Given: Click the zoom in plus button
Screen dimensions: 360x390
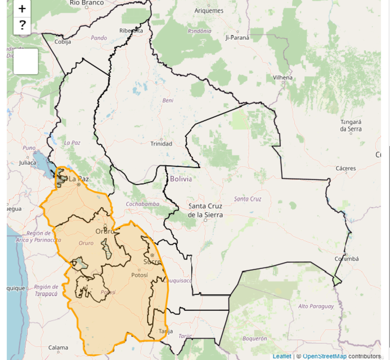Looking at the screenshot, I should coord(22,8).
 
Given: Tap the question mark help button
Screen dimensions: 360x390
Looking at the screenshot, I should coord(22,25).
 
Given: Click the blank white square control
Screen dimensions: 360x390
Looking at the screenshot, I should coord(25,61).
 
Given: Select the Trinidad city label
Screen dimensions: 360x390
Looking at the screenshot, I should coord(161,143).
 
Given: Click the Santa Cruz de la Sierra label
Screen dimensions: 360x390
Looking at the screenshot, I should coord(205,210).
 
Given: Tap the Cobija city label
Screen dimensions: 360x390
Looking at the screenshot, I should coord(62,42).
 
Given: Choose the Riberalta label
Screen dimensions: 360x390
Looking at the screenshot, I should coord(131,31).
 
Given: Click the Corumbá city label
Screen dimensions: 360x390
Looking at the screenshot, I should coord(347,259).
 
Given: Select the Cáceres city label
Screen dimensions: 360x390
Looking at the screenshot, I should coord(346,168).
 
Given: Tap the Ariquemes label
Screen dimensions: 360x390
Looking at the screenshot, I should coord(209,11).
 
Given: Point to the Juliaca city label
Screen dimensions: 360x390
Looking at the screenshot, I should coord(27,162).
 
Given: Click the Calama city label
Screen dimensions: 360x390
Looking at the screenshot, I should coord(58,347).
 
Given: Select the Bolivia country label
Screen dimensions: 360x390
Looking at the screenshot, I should coord(181,179).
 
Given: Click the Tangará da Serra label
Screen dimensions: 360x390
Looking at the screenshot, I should coord(351,125).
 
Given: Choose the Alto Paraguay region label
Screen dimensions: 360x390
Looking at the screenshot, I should coord(316,306).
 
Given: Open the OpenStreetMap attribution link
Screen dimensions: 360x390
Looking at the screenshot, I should coord(325,356).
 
